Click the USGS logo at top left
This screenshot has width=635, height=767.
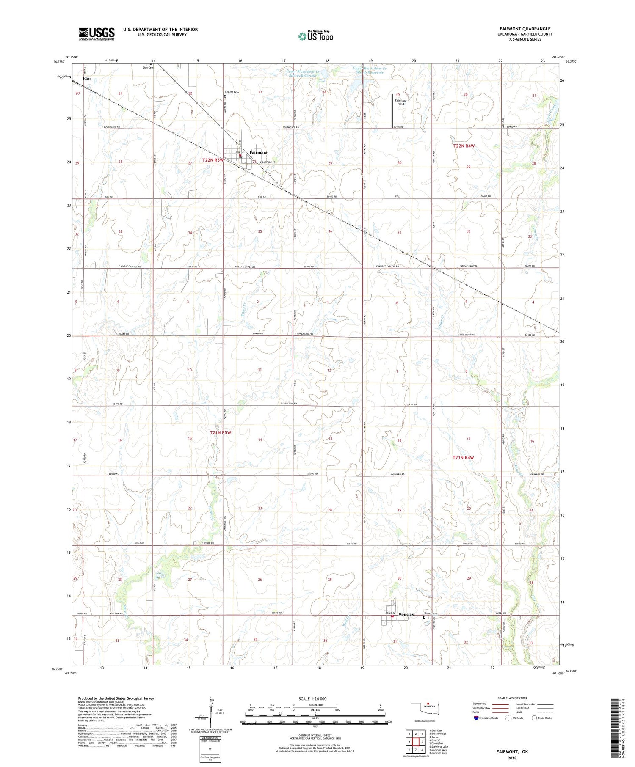[x=97, y=34]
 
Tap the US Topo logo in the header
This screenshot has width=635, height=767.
[x=316, y=36]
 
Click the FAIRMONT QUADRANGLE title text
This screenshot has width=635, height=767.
[x=525, y=29]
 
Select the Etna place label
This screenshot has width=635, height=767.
[x=87, y=79]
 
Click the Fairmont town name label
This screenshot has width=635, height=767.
[x=258, y=152]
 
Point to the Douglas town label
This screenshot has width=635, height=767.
[x=405, y=614]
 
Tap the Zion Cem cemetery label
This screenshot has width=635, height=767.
[x=148, y=68]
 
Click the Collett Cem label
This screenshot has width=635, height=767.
[x=232, y=92]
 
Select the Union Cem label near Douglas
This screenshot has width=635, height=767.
[x=431, y=614]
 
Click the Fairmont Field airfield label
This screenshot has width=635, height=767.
[x=400, y=102]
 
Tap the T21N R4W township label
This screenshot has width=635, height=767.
[x=463, y=457]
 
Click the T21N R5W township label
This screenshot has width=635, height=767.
[x=221, y=432]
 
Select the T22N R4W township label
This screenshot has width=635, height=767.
[x=464, y=146]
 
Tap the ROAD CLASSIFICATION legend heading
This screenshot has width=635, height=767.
[x=512, y=698]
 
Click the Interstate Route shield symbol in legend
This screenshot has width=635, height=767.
[x=476, y=718]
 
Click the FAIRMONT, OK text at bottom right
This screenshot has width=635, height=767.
[x=513, y=751]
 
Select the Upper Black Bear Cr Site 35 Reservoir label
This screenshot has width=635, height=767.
[x=304, y=74]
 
